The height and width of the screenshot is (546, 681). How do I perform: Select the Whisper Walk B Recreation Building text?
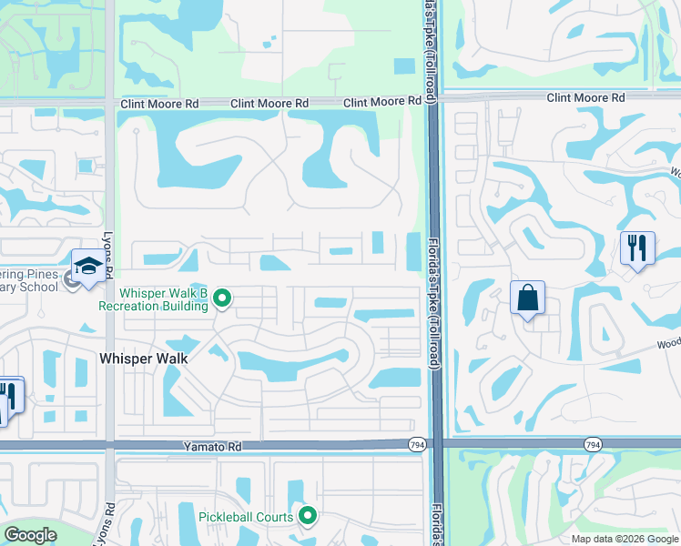click(x=164, y=299)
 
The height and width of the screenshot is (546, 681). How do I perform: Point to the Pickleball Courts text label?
click(x=246, y=517)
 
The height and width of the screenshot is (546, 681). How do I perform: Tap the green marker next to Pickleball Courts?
click(x=308, y=517)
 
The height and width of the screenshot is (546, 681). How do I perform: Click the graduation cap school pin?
click(x=88, y=267)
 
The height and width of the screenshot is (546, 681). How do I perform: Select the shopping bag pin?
click(x=528, y=298)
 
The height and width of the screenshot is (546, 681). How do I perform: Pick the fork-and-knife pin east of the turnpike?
click(x=637, y=248)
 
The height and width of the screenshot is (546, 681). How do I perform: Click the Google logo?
click(x=30, y=535)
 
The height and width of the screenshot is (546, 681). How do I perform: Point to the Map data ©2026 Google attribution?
click(x=625, y=539)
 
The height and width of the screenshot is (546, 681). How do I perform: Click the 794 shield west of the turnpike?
click(x=416, y=444)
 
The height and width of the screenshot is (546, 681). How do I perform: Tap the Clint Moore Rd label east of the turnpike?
click(x=585, y=97)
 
